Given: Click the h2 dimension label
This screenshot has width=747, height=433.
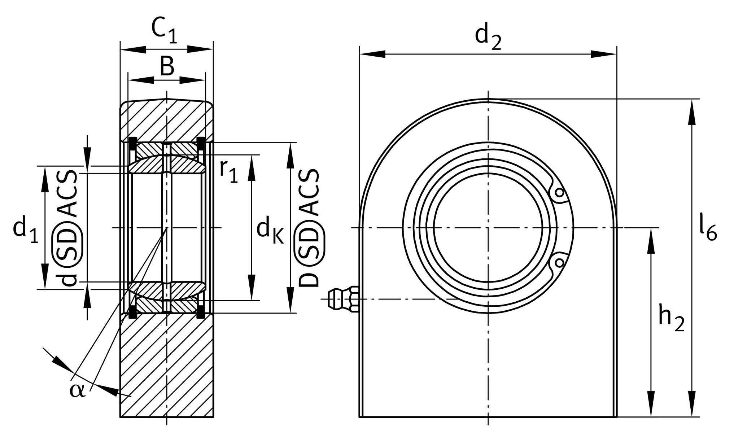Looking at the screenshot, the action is coord(671,319).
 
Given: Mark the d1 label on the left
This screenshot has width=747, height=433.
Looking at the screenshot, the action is coord(25,230).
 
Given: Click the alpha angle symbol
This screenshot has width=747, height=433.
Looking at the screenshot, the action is coord(78,390).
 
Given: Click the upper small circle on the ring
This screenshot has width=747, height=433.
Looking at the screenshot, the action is coord(559,192).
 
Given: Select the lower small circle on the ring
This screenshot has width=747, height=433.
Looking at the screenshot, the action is coord(559,262).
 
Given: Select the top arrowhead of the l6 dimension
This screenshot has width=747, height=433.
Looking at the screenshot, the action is coord(692,112).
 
